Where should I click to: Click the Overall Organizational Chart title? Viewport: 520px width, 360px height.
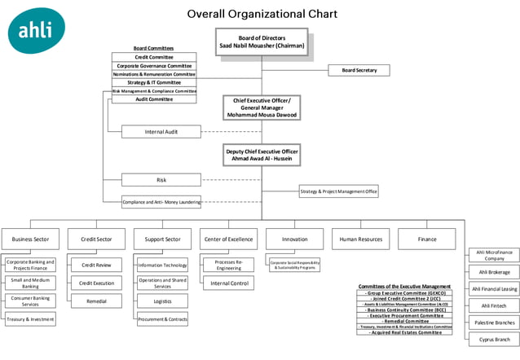[x=262, y=14]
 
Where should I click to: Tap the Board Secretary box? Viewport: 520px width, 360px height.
[x=359, y=71]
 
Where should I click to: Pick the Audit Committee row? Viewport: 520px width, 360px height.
[x=154, y=99]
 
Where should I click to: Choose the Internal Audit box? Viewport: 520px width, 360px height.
[x=161, y=131]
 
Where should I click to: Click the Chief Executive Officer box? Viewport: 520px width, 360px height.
[x=262, y=108]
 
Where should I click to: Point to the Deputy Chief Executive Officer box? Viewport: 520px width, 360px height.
[x=262, y=155]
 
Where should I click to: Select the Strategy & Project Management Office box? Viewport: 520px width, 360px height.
[x=338, y=191]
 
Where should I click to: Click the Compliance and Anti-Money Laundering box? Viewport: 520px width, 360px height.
[x=161, y=202]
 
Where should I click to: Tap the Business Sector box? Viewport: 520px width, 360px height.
[x=30, y=239]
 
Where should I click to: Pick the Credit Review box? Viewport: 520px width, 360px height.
[x=95, y=265]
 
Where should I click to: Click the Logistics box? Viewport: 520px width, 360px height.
[x=162, y=301]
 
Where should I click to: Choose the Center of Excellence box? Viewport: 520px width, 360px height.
[x=228, y=239]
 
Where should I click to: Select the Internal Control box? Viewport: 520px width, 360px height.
[x=228, y=283]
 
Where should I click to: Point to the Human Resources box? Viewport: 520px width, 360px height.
[x=360, y=239]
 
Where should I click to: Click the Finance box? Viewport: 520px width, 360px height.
[x=426, y=239]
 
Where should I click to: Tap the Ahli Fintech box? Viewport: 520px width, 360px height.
[x=494, y=305]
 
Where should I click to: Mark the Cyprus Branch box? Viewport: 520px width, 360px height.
[x=494, y=340]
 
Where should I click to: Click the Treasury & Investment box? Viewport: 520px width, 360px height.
[x=31, y=319]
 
